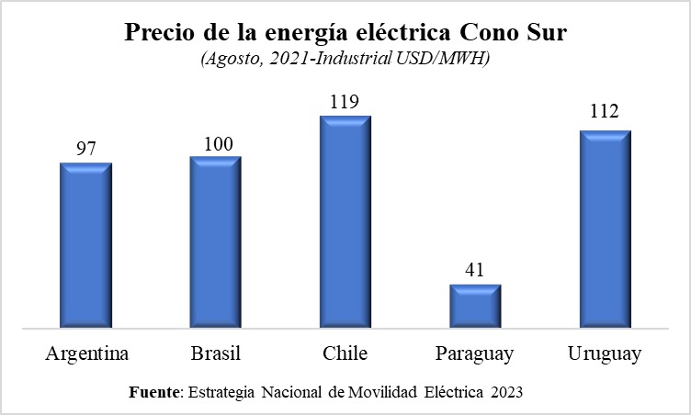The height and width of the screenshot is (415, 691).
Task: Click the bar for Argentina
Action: point(85,245)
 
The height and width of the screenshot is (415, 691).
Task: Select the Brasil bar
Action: point(215,241)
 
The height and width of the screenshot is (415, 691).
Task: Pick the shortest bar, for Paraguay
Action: point(475,306)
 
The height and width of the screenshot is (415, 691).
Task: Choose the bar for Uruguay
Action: point(605,229)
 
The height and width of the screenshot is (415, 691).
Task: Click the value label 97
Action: point(85,150)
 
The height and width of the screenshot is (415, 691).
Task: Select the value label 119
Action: point(345,102)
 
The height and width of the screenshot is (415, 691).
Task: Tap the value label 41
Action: point(475,271)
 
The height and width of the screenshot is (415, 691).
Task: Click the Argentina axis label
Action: point(85,354)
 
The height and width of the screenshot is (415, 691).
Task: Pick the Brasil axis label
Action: point(215,354)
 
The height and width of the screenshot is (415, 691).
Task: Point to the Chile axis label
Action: point(345,354)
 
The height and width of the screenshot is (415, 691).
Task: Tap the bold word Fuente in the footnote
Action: point(155,392)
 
